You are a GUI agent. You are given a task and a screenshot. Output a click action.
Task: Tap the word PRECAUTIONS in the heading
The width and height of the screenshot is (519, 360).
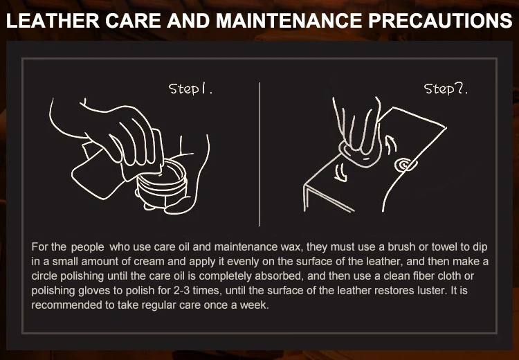441,21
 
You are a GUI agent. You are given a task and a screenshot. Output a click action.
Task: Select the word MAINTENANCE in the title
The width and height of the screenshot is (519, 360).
289,21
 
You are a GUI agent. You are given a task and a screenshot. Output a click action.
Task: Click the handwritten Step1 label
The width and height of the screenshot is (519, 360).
190,89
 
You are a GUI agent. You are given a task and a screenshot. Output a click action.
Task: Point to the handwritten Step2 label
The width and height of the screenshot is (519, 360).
446,89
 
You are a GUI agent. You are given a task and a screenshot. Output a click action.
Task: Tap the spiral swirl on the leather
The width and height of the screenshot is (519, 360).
404,165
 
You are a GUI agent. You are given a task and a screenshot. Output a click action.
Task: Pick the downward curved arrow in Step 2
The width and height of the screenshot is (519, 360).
340,173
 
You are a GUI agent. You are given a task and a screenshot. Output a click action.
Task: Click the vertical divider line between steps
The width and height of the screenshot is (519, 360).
259,154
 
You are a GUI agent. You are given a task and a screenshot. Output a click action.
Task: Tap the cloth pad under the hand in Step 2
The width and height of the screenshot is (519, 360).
360,155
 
